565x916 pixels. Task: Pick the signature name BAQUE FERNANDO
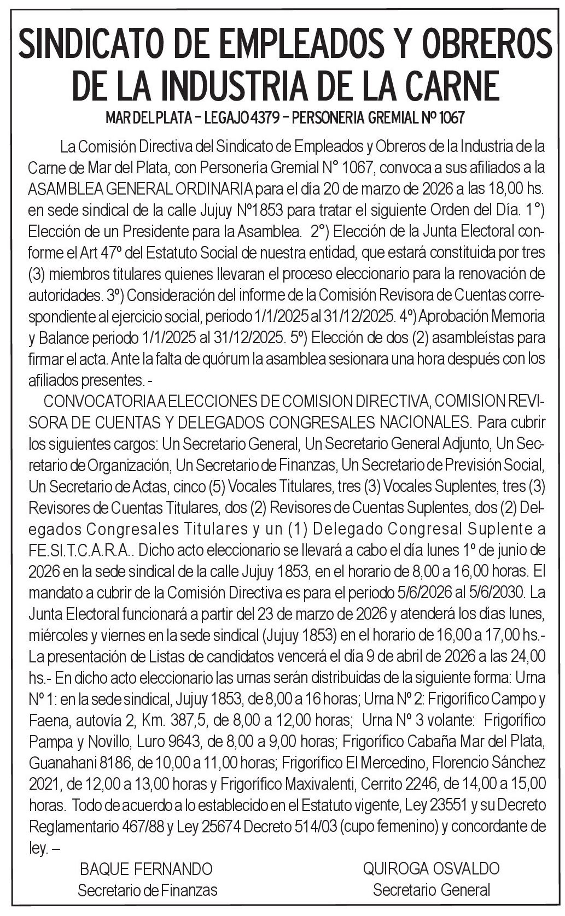coord(146,868)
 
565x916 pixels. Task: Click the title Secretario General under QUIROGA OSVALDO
coord(432,890)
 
